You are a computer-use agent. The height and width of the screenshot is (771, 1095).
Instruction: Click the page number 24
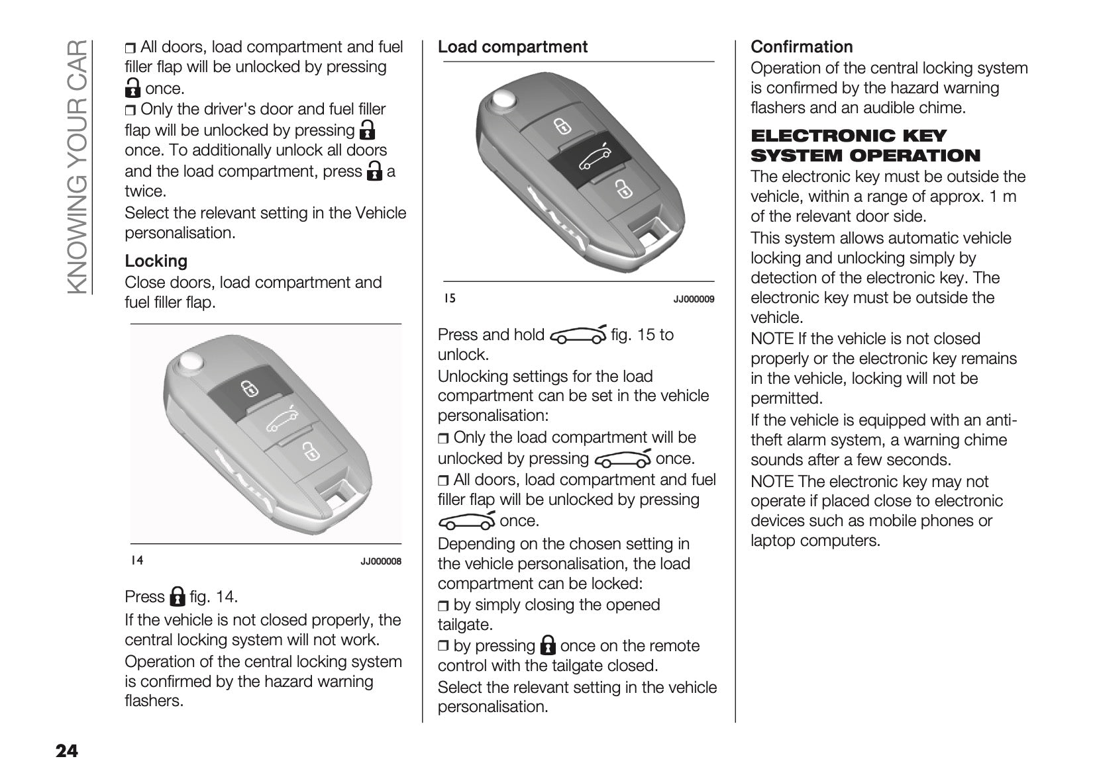point(67,750)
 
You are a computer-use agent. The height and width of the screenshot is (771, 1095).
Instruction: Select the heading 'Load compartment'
point(512,47)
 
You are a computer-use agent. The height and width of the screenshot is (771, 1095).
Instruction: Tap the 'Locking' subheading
point(156,261)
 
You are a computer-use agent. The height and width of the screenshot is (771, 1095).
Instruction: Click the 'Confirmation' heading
point(802,47)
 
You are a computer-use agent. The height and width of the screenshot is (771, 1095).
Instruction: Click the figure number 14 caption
point(136,561)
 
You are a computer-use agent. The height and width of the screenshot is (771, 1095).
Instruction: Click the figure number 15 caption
point(449,298)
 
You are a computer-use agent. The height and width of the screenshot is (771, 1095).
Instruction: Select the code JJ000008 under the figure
point(381,561)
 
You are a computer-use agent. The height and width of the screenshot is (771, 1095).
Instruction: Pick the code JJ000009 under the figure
point(694,299)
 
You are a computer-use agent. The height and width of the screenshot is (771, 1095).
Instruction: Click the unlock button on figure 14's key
point(309,452)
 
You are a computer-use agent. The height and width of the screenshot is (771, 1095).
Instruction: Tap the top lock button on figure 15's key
point(561,125)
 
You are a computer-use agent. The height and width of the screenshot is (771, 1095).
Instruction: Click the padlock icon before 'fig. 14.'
point(177,596)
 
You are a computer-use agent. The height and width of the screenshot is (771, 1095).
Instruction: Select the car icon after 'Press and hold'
point(577,335)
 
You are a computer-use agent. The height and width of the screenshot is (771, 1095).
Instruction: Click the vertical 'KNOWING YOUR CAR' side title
point(78,166)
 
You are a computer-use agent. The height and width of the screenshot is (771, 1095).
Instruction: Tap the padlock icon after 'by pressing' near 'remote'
point(548,645)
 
